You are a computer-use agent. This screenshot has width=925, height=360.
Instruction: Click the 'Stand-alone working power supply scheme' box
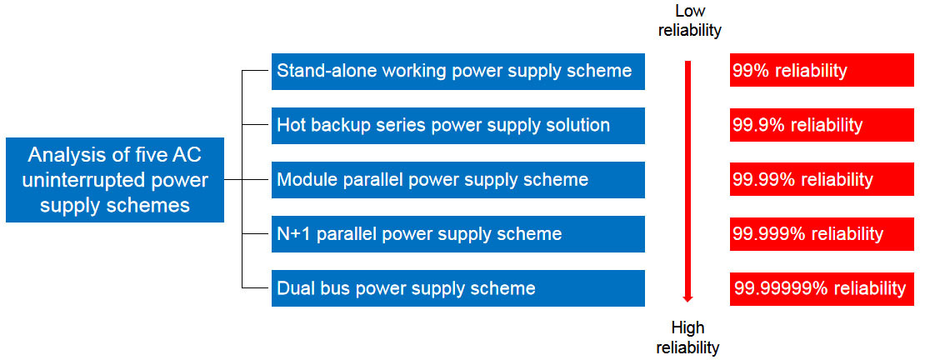tap(457, 72)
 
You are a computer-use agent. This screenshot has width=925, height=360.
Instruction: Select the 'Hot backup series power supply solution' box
tap(457, 126)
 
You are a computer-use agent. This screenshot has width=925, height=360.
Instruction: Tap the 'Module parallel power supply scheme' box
tap(457, 180)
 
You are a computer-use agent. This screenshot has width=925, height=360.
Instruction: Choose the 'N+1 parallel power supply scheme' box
tap(457, 234)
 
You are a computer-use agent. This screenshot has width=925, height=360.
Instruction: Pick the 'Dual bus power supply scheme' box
tap(457, 288)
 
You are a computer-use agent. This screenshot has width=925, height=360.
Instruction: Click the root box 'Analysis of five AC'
tap(115, 180)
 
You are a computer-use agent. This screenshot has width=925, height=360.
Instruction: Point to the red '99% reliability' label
tap(822, 71)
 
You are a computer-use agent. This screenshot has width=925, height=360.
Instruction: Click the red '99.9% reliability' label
tap(822, 126)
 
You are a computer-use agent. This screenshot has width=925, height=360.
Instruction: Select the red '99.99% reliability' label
tap(822, 180)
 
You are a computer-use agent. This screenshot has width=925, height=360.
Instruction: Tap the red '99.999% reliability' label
tap(822, 234)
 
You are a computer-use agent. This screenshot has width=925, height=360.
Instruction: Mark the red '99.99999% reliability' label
tap(822, 288)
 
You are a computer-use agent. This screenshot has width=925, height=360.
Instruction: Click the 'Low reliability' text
tap(689, 21)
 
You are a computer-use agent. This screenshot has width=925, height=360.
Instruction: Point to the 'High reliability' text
tap(687, 337)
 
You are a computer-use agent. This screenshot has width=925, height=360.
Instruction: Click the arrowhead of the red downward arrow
tap(687, 298)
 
